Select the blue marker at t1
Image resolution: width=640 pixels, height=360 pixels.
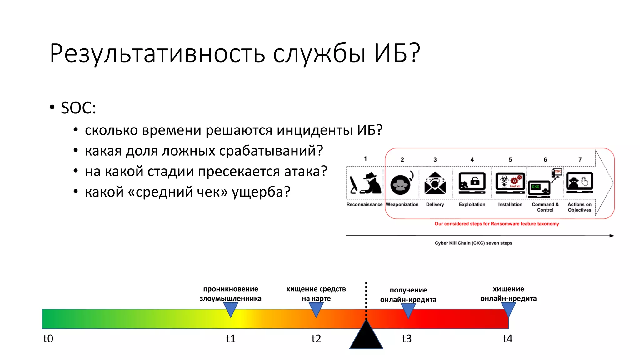231,309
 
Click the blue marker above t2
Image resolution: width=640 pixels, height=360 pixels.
316,309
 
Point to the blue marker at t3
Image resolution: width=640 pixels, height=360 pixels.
408,310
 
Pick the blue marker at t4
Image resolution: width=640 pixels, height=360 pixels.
508,309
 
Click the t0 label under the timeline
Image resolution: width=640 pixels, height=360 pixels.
48,339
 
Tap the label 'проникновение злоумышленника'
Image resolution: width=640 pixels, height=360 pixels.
231,294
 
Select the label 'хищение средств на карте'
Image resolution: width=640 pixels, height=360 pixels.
316,294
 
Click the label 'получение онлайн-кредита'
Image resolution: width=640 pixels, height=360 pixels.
408,295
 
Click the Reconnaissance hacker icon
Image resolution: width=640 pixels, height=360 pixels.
365,183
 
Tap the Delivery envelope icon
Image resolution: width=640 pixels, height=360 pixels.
435,183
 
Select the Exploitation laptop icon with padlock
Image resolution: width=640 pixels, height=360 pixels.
472,182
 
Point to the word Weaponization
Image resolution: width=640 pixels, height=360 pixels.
402,204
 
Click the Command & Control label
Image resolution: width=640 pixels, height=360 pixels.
545,207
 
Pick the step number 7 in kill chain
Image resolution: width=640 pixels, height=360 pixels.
580,159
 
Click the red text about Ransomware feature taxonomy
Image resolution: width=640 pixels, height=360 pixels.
497,224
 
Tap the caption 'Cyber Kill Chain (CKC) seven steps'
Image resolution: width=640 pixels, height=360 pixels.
473,243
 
